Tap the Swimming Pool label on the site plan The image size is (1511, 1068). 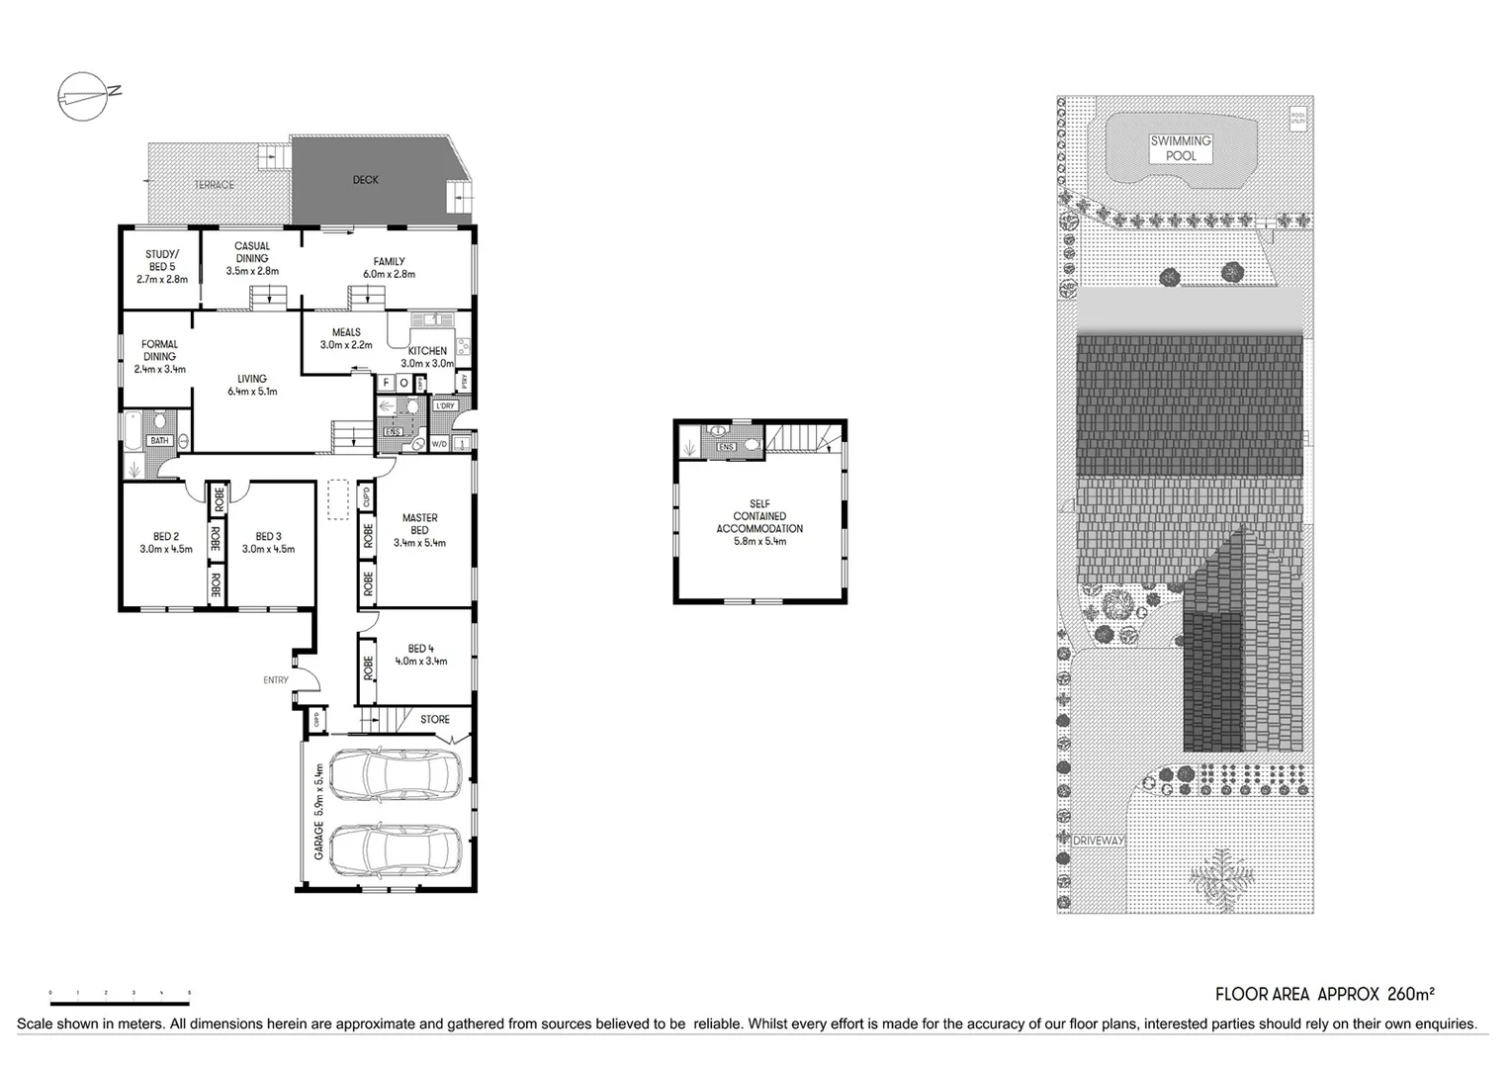click(x=1180, y=148)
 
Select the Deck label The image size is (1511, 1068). click(x=365, y=180)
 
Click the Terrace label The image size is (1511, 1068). click(x=214, y=185)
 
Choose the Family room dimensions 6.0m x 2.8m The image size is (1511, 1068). click(x=389, y=274)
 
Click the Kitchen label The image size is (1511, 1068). click(x=427, y=351)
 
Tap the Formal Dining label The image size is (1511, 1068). click(x=159, y=350)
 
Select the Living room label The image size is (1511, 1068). click(x=251, y=379)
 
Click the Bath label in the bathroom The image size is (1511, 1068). click(x=159, y=441)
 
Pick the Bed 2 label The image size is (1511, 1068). click(x=165, y=537)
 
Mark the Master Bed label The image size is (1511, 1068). click(x=419, y=523)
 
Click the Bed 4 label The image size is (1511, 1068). click(x=421, y=649)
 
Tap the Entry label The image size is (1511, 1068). click(x=276, y=679)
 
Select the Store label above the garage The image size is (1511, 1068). click(x=434, y=719)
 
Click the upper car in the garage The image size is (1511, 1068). click(x=395, y=774)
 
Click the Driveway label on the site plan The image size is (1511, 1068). click(x=1100, y=841)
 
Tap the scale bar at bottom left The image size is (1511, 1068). click(x=119, y=991)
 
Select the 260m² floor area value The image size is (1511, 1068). click(x=1411, y=994)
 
